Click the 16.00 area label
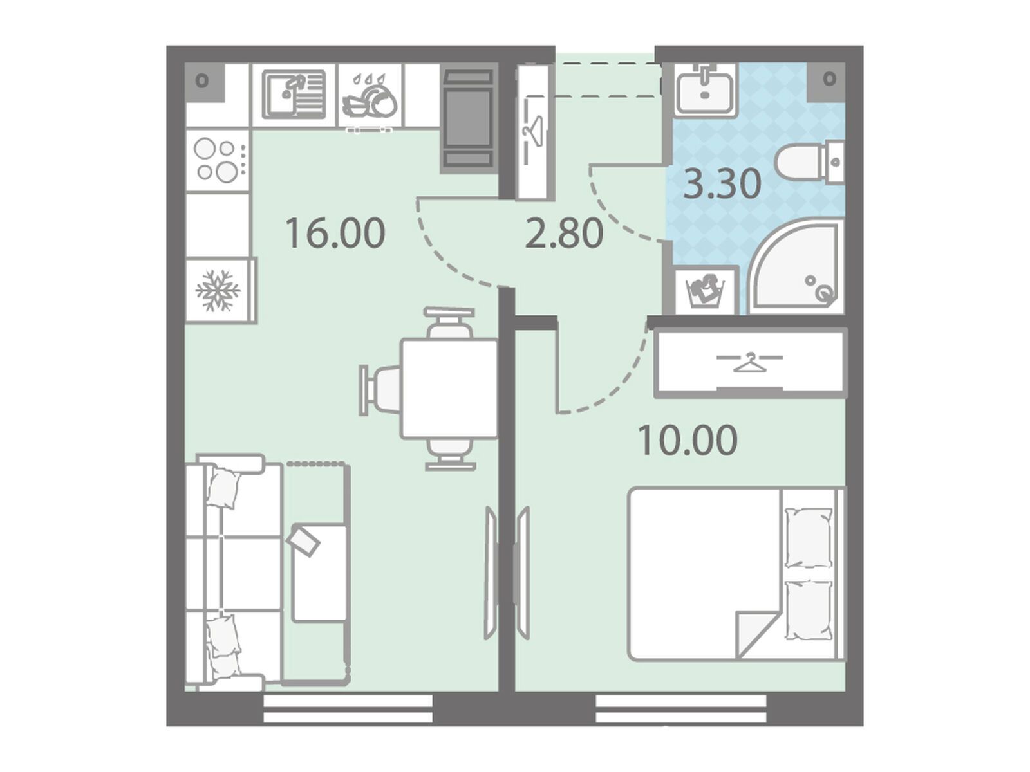335,233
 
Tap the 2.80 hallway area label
564,233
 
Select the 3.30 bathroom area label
722,184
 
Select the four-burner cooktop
217,160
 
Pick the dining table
449,389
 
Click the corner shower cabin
796,266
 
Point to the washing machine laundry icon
706,291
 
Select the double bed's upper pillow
809,537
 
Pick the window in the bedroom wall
680,715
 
